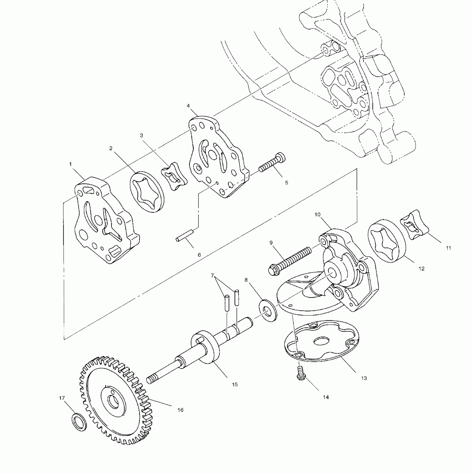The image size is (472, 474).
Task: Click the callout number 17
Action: [x=62, y=398]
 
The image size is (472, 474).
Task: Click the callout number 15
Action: [x=235, y=384]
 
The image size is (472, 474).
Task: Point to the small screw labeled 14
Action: [x=300, y=373]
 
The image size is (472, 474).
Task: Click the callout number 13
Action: [x=364, y=378]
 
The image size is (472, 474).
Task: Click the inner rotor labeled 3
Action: [x=174, y=176]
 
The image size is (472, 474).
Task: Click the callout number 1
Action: [x=71, y=164]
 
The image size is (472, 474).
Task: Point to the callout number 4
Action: [x=188, y=106]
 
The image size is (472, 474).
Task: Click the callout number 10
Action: [x=317, y=215]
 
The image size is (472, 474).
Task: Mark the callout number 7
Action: [x=212, y=276]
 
